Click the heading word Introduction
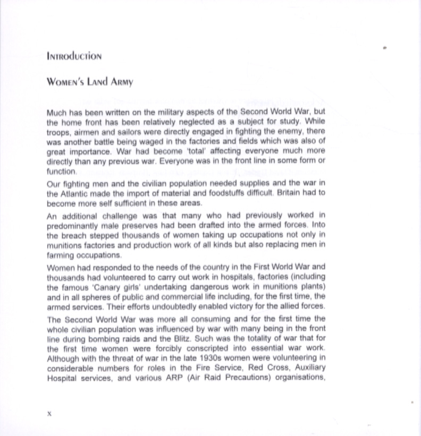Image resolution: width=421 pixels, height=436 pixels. (x=74, y=56)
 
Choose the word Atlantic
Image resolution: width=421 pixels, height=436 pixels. (x=74, y=193)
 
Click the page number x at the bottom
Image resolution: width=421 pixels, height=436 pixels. (x=49, y=413)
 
